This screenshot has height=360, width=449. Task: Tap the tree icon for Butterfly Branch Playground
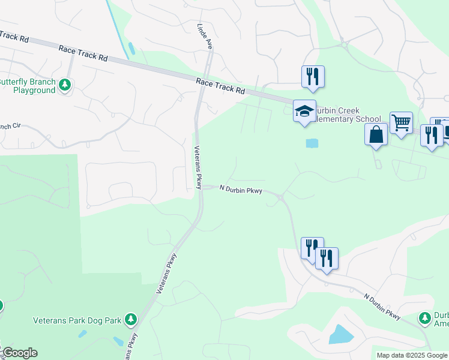pyautogui.click(x=65, y=86)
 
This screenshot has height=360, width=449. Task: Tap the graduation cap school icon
pyautogui.click(x=304, y=110)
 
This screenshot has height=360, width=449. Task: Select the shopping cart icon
pyautogui.click(x=401, y=123)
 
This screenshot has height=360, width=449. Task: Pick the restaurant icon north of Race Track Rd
pyautogui.click(x=313, y=76)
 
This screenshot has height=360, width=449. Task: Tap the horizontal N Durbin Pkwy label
pyautogui.click(x=241, y=190)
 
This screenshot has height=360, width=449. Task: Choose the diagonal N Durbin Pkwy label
pyautogui.click(x=382, y=306)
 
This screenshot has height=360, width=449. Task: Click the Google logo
pyautogui.click(x=20, y=353)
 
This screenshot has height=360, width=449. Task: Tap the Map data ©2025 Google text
pyautogui.click(x=412, y=355)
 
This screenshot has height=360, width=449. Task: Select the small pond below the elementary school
pyautogui.click(x=312, y=143)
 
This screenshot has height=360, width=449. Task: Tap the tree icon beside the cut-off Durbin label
pyautogui.click(x=425, y=317)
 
